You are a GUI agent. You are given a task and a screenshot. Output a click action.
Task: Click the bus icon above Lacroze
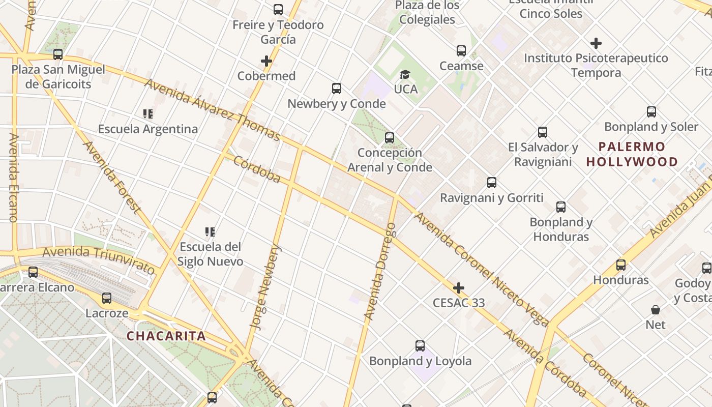pyautogui.click(x=107, y=298)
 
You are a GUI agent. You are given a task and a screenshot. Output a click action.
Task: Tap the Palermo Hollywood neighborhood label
pyautogui.click(x=632, y=154)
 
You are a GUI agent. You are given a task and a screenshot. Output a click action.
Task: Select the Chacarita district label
pyautogui.click(x=166, y=336)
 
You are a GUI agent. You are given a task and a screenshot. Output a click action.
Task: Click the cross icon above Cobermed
pyautogui.click(x=266, y=62)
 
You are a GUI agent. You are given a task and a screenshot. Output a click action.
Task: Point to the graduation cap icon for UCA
pyautogui.click(x=405, y=75)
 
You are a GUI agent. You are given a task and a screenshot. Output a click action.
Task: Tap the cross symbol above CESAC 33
pyautogui.click(x=459, y=288)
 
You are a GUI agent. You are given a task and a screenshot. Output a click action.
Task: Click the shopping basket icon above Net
pyautogui.click(x=656, y=310)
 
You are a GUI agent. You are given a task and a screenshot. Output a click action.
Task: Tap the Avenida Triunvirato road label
pyautogui.click(x=99, y=259)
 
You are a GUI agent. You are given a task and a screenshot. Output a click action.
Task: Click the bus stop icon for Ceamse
pyautogui.click(x=461, y=51)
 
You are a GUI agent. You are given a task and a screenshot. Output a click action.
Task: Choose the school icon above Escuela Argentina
pyautogui.click(x=148, y=114)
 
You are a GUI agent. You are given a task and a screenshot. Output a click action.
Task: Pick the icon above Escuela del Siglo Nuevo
pyautogui.click(x=210, y=232)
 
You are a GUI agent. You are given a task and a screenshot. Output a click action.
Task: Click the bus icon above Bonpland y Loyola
pyautogui.click(x=420, y=346)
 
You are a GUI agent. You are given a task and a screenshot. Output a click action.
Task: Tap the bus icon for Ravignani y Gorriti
pyautogui.click(x=492, y=183)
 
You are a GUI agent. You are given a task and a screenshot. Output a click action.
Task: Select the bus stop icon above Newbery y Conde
pyautogui.click(x=337, y=89)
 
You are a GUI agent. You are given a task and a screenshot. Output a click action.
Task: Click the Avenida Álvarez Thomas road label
pyautogui.click(x=212, y=109)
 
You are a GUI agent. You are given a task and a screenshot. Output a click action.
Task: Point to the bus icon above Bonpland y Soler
pyautogui.click(x=651, y=112)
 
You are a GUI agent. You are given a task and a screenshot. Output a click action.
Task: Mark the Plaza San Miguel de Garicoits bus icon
pyautogui.click(x=58, y=54)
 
